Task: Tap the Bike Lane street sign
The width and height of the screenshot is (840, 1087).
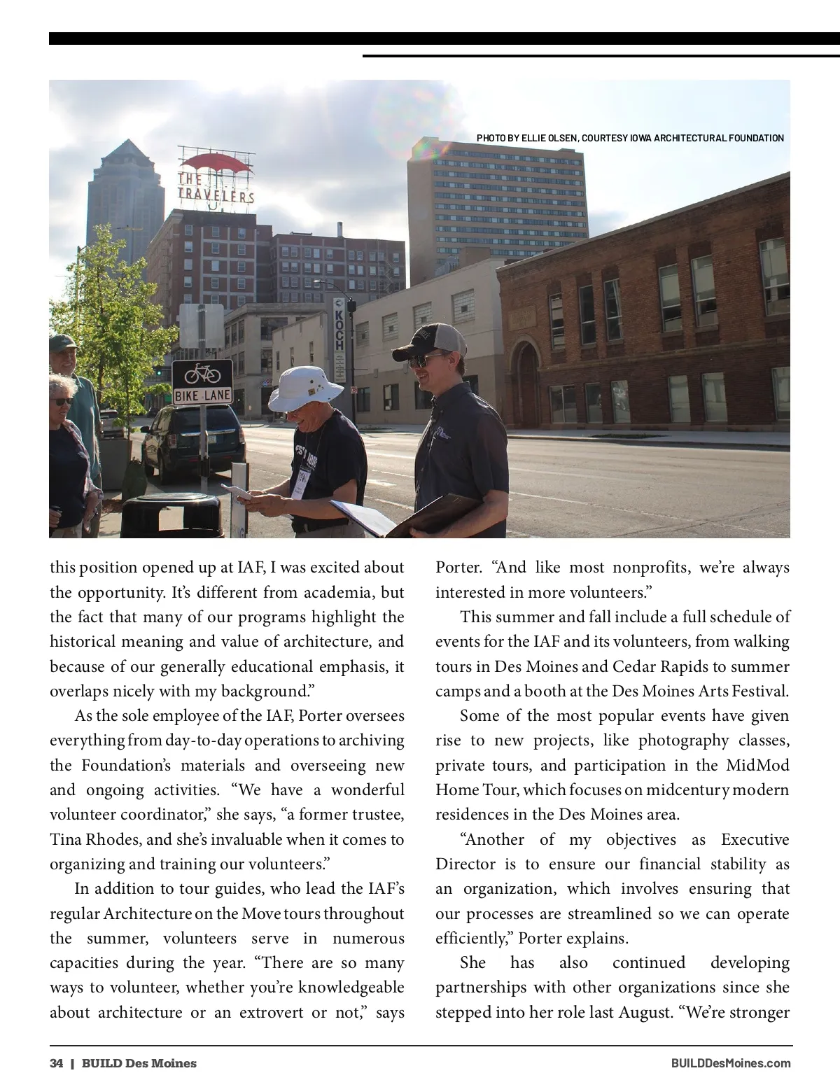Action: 202,381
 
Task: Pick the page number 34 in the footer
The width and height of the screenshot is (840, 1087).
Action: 56,1063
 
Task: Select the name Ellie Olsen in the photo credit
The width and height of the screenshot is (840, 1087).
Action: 549,138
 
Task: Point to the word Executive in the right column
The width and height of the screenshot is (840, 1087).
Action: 755,839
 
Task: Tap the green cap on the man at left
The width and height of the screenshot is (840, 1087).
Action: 62,342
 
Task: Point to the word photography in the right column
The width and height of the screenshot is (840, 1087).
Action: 683,741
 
